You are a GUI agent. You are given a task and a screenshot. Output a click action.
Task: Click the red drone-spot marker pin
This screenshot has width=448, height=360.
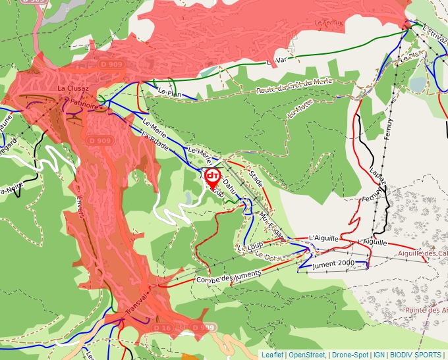tap(213, 177)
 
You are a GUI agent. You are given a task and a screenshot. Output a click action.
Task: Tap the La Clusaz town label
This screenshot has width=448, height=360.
tap(71, 88)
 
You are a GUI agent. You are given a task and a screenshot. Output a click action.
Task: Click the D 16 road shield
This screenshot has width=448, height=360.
tap(162, 327)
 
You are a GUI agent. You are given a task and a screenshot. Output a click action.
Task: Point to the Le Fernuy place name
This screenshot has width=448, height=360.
tap(328, 22)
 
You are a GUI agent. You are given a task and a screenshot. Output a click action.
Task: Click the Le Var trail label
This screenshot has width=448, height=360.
tap(278, 61)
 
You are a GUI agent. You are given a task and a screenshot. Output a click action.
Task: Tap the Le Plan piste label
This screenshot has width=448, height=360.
tap(170, 93)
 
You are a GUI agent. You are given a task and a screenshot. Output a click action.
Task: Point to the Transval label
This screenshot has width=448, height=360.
tap(137, 304)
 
